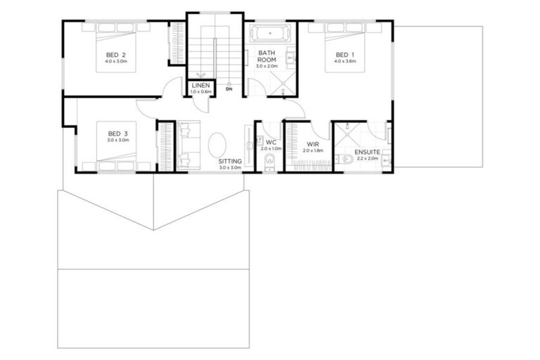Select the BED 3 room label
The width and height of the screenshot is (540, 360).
click(118, 133)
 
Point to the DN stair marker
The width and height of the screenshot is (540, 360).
click(229, 89)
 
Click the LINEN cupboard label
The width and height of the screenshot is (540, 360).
click(200, 86)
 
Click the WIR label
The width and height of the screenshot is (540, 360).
click(312, 144)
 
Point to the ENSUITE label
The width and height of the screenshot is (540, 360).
click(367, 151)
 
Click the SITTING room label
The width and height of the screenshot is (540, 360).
click(230, 162)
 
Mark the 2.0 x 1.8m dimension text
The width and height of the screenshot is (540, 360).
click(312, 151)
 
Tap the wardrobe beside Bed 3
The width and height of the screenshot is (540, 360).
click(165, 146)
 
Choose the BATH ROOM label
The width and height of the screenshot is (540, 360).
click(267, 56)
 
